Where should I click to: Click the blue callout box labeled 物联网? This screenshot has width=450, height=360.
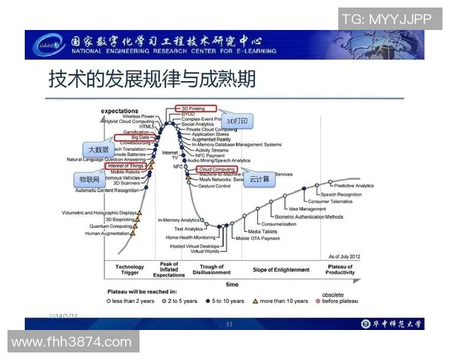[x=90, y=181]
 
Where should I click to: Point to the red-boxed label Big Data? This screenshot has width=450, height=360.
[x=140, y=137]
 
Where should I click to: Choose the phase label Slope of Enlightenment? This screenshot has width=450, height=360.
[x=280, y=270]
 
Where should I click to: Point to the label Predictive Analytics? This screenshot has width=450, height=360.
[x=353, y=185]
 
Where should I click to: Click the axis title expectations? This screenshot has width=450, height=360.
[x=119, y=111]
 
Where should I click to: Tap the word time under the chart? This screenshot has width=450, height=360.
[x=232, y=285]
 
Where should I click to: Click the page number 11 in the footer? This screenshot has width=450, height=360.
[x=229, y=324]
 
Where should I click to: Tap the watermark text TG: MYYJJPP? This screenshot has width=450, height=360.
[x=389, y=19]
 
